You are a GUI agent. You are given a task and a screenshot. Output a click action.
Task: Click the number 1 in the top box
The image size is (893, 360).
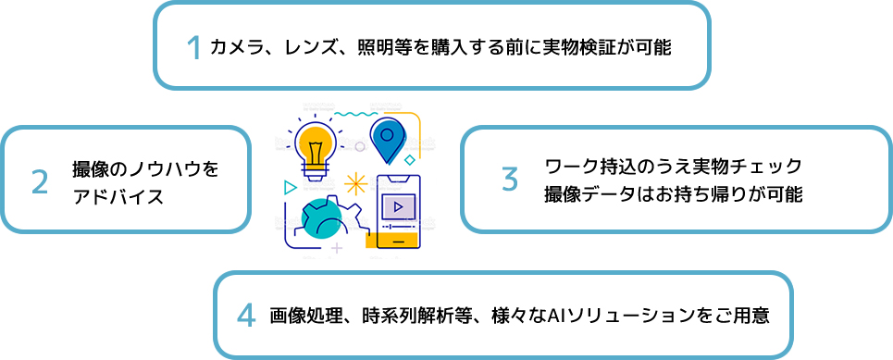click(193, 47)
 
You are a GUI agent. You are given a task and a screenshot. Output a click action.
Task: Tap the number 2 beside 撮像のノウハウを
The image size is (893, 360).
click(40, 182)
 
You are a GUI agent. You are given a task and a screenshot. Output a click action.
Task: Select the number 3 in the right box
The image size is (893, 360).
click(510, 179)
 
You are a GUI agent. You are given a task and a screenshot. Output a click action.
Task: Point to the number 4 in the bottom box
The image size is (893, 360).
click(245, 316)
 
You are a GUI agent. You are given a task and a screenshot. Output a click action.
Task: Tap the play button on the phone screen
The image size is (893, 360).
click(398, 206)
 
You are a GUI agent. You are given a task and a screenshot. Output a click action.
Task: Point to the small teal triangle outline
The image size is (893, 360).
click(290, 187)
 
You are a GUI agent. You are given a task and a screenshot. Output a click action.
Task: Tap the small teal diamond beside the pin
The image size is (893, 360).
click(409, 159)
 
